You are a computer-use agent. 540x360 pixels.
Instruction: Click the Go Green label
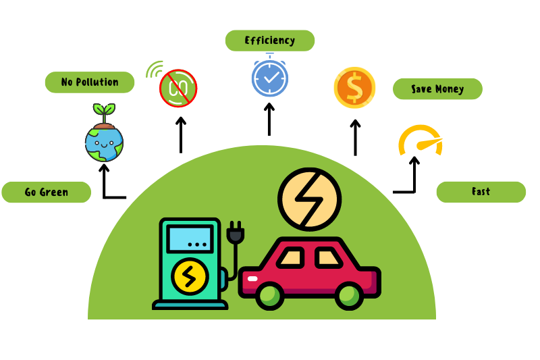pyautogui.click(x=46, y=192)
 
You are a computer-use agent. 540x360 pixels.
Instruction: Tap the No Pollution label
pyautogui.click(x=89, y=82)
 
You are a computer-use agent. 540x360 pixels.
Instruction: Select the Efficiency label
pyautogui.click(x=269, y=41)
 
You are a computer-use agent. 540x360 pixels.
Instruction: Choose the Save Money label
pyautogui.click(x=437, y=89)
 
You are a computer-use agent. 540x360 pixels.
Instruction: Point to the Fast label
pyautogui.click(x=481, y=192)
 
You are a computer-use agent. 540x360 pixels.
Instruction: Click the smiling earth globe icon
pyautogui.click(x=104, y=141)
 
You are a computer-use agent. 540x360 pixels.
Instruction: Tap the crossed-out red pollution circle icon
pyautogui.click(x=178, y=88)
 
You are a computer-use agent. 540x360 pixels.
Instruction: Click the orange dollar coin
pyautogui.click(x=354, y=88)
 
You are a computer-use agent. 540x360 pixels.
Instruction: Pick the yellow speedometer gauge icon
pyautogui.click(x=419, y=140)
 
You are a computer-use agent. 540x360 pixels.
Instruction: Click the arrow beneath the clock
pyautogui.click(x=269, y=118)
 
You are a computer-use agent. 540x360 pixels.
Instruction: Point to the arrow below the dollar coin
pyautogui.click(x=355, y=137)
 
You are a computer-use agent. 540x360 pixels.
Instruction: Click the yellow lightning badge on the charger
pyautogui.click(x=189, y=276)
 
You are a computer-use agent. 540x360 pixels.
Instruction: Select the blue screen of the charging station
pyautogui.click(x=190, y=239)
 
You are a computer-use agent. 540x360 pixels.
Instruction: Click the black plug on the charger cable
pyautogui.click(x=236, y=233)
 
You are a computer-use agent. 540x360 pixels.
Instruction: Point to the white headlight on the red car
pyautogui.click(x=252, y=278)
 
